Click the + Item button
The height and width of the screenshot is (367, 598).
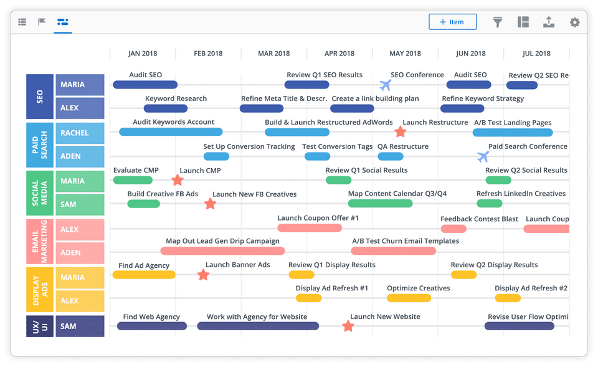(x=452, y=22)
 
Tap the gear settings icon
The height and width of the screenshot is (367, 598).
(x=575, y=22)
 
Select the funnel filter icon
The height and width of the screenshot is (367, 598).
(x=497, y=22)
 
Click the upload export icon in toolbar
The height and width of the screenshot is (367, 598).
(x=549, y=22)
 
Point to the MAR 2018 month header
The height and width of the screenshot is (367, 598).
(x=274, y=54)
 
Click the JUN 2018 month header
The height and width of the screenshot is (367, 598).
(x=471, y=54)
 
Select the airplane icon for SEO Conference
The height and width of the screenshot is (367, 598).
(x=386, y=85)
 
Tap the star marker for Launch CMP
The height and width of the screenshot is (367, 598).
(x=178, y=179)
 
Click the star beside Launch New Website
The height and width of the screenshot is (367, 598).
(x=348, y=326)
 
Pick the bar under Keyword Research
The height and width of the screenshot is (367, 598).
(x=166, y=108)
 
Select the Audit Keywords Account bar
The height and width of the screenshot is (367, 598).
(x=171, y=132)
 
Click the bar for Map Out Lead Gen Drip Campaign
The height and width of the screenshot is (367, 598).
(x=222, y=250)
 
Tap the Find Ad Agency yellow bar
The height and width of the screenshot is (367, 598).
(x=144, y=275)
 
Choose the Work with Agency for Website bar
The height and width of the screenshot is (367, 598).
(x=258, y=326)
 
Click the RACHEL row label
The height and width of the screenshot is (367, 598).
(x=80, y=133)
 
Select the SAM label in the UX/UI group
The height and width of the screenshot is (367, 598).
(x=80, y=326)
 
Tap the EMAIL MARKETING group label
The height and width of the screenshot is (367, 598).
(x=40, y=242)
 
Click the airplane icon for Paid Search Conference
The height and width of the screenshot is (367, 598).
(x=483, y=156)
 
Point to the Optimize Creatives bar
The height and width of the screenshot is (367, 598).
(x=409, y=298)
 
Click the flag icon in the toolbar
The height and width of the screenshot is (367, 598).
(x=42, y=22)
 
